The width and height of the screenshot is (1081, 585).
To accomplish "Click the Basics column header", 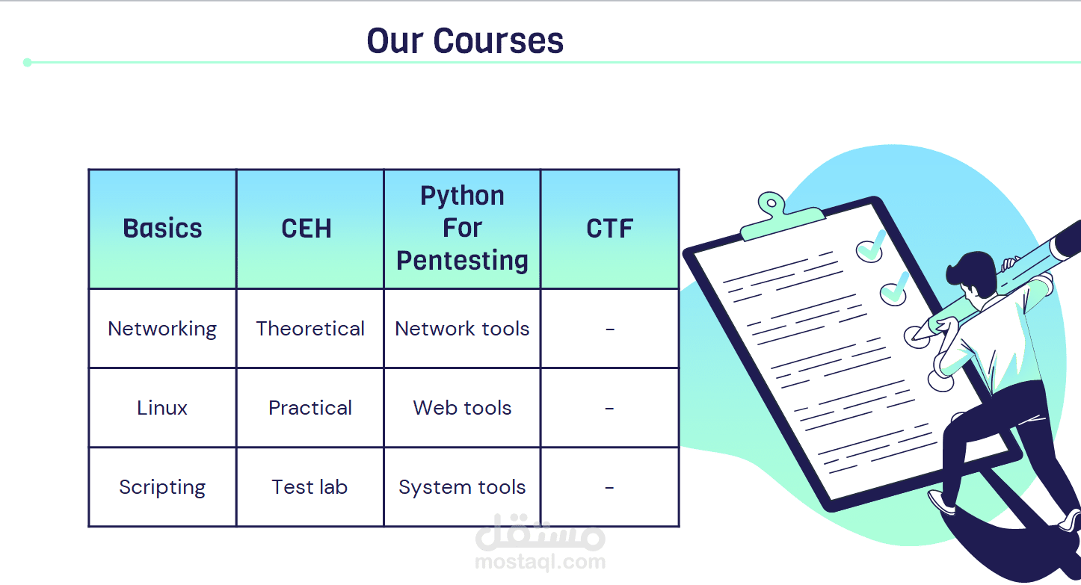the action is coord(162,228).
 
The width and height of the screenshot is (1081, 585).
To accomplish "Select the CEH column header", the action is coord(307,228).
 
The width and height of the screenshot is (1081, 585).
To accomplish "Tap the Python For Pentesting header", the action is coord(462,228).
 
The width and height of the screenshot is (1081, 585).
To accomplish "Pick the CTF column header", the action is coord(609,228).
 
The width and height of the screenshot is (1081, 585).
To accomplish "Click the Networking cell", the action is coord(162,329).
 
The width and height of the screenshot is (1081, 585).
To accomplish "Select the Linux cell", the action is coord(162,408).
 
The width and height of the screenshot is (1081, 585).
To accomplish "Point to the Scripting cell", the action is coord(162,487).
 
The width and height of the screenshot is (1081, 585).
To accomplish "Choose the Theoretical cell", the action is coord(309,329).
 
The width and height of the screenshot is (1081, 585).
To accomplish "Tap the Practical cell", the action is coord(309,408).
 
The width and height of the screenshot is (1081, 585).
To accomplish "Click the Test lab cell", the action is coord(309,487).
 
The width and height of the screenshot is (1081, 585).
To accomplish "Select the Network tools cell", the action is coord(462,329).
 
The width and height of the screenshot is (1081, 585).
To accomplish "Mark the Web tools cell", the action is coord(462,408).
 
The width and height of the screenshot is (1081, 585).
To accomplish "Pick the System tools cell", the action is coord(462,487).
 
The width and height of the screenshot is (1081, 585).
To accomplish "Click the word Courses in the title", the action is coord(498,41).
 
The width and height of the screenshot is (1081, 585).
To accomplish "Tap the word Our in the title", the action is coord(395,41).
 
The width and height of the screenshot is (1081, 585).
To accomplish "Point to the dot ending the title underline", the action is coord(28,62).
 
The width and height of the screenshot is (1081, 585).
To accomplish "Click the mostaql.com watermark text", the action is coord(540,562).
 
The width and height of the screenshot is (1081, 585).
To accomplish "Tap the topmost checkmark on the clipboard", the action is coord(871,247).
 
